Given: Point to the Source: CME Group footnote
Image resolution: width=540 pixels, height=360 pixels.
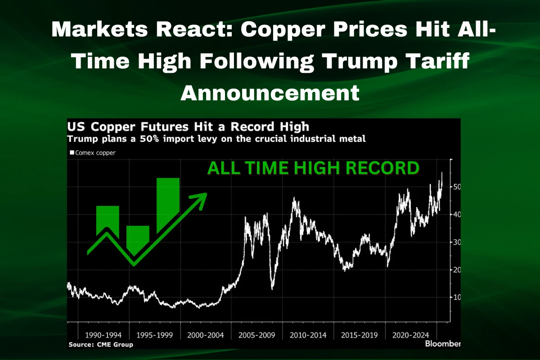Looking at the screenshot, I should [101, 345].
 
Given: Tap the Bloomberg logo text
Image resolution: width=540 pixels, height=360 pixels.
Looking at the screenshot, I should [443, 344].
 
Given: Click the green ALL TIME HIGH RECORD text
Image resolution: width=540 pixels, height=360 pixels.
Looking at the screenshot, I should [313, 169].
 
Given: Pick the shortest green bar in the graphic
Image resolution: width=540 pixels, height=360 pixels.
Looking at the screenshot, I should [138, 238].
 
